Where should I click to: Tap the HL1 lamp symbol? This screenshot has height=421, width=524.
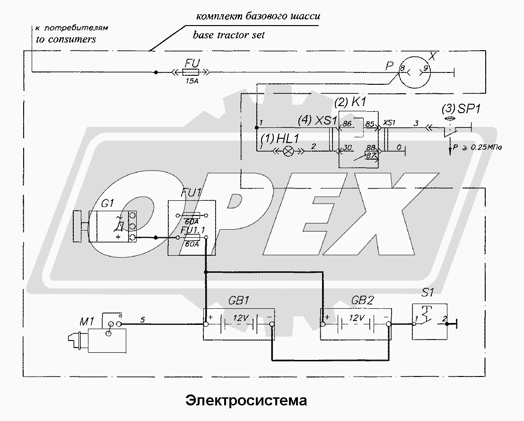[288, 152]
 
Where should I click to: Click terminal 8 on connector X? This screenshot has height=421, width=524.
[402, 69]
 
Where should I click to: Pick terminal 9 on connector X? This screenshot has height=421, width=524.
[426, 69]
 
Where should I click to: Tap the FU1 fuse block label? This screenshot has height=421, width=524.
[192, 193]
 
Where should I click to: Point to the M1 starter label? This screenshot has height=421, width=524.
[87, 322]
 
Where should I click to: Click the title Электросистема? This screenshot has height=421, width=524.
[246, 401]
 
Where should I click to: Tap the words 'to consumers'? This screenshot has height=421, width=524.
[66, 39]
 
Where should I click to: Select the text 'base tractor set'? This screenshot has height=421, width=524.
[229, 35]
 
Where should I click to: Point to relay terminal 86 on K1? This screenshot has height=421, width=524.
[347, 124]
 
